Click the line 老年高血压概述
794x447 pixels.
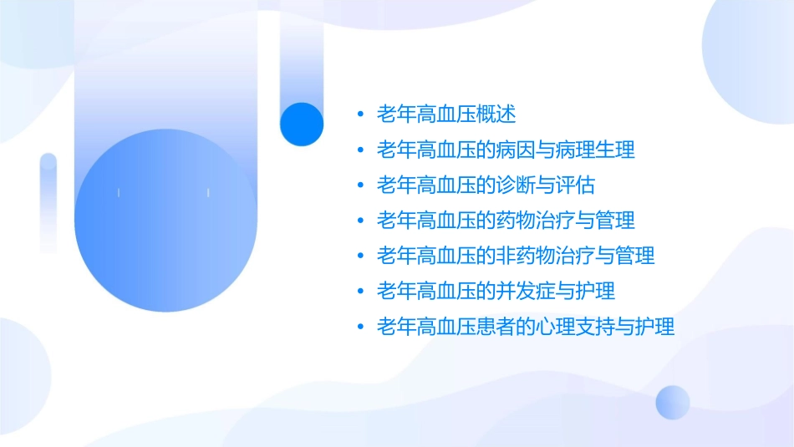[446, 114]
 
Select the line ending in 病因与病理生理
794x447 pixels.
[506, 150]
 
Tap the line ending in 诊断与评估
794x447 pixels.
[486, 185]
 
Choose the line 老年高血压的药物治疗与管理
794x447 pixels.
[506, 221]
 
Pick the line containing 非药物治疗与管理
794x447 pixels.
[516, 256]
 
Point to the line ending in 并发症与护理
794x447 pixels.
[496, 291]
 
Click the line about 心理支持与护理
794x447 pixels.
[526, 326]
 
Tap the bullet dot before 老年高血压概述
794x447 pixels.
[360, 114]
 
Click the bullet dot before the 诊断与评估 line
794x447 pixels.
[360, 185]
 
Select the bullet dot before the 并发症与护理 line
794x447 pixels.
[360, 291]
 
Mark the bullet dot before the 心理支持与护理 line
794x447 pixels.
[360, 326]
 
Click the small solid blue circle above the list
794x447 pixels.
[302, 124]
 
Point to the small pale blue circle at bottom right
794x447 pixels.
[673, 402]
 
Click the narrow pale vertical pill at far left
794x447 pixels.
[48, 202]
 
